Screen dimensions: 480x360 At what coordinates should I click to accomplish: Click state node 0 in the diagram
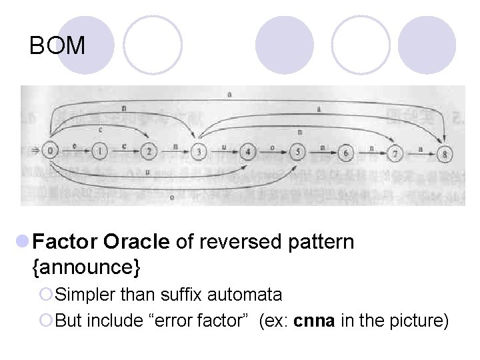(x=51, y=151)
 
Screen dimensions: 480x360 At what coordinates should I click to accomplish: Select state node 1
(x=100, y=151)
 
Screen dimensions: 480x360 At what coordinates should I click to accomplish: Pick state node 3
(x=199, y=152)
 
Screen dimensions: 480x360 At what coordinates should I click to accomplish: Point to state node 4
(x=248, y=152)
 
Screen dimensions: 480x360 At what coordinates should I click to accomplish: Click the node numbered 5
(x=297, y=153)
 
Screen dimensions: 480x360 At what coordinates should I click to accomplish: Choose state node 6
(x=346, y=153)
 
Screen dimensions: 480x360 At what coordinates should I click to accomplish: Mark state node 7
(x=396, y=153)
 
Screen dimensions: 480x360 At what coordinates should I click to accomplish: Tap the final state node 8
(x=445, y=154)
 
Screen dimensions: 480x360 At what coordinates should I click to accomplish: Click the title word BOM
(x=58, y=46)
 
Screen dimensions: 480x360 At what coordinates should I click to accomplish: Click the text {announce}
(x=87, y=267)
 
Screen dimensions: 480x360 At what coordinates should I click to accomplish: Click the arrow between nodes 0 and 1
(x=75, y=151)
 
